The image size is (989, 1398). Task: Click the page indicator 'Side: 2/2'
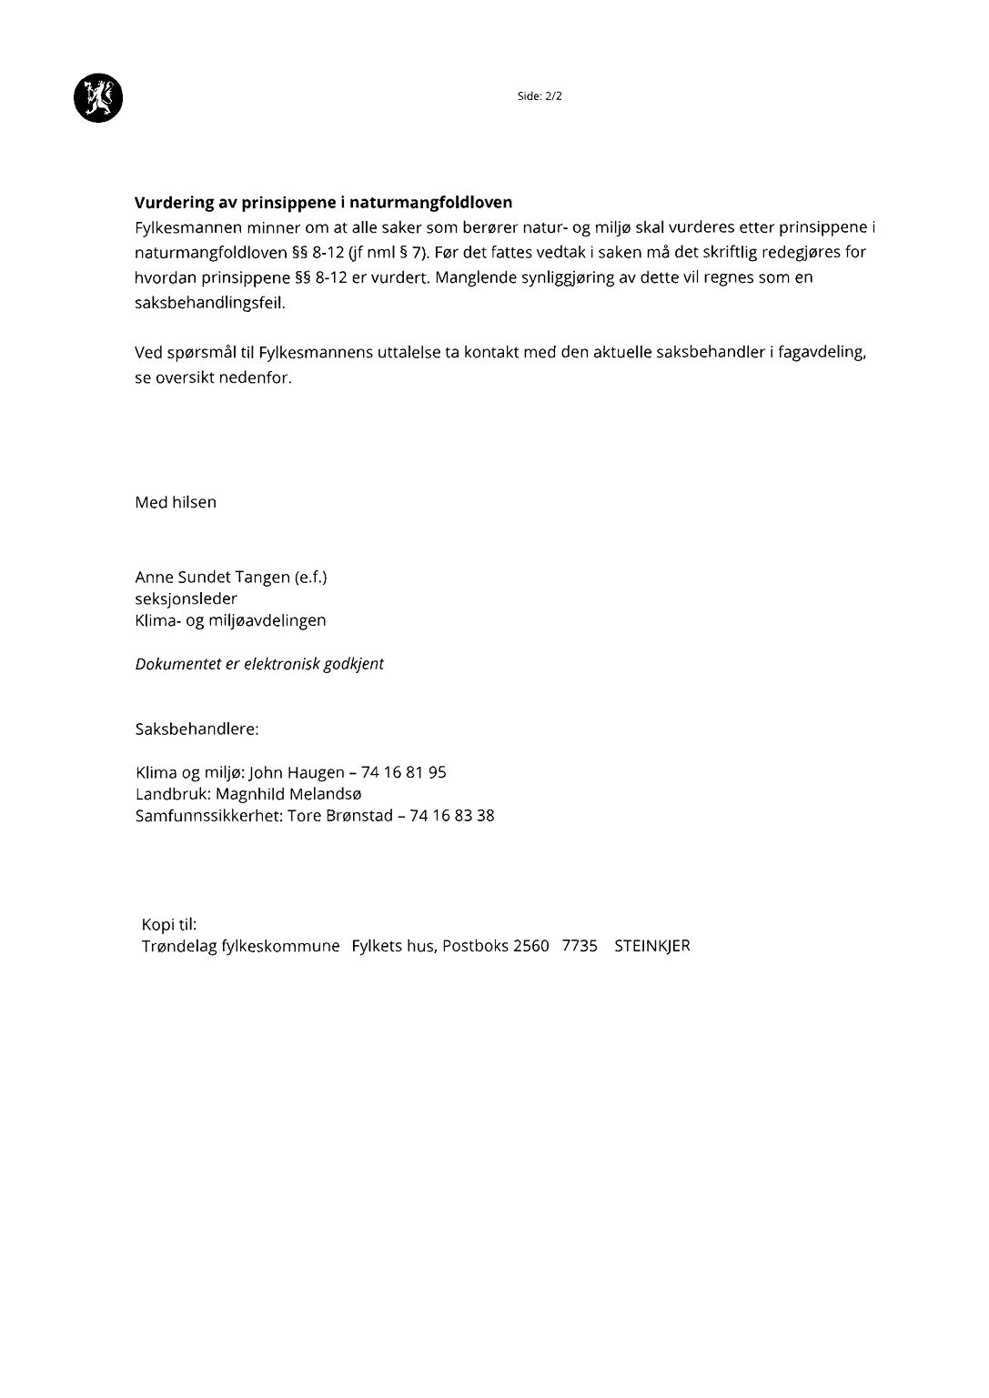point(540,96)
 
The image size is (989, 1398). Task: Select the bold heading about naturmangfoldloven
point(324,203)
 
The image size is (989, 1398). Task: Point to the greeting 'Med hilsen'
point(176,502)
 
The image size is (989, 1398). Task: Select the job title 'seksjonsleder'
point(187,598)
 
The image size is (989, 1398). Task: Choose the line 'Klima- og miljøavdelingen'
point(230,620)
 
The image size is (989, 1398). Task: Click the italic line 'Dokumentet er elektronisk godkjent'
point(259,664)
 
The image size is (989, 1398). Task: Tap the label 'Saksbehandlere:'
point(197,729)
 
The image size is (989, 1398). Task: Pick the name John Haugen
point(297,772)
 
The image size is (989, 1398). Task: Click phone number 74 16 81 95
point(404,772)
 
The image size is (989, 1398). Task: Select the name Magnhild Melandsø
point(288,794)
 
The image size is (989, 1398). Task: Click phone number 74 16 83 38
point(452,816)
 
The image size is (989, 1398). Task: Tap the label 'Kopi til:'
point(169,924)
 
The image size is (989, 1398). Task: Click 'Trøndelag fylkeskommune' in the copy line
point(241,946)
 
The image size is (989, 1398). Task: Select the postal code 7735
point(580,946)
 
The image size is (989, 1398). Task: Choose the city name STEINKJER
point(652,946)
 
